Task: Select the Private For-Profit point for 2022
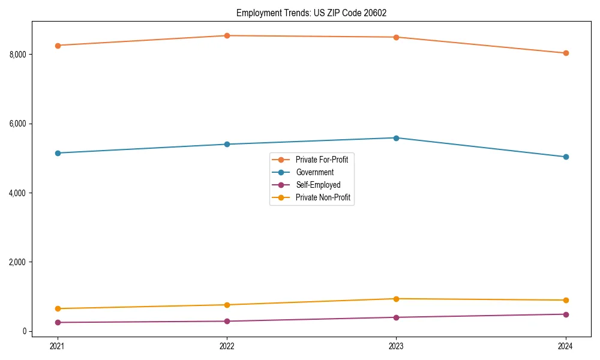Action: [x=227, y=35]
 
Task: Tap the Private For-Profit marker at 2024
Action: [x=566, y=53]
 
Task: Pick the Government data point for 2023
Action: [x=396, y=138]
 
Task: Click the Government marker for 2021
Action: [x=58, y=153]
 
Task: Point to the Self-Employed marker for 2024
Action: [x=566, y=314]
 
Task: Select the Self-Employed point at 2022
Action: [x=227, y=321]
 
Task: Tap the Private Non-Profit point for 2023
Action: [x=396, y=299]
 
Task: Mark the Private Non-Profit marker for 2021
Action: [x=58, y=308]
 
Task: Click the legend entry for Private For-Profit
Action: [x=322, y=160]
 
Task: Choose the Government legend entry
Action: [x=314, y=172]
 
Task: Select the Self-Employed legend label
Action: [x=318, y=185]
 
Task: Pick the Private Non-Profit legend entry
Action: [x=323, y=197]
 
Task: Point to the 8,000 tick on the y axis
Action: [x=17, y=55]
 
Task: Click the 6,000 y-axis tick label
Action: [x=17, y=124]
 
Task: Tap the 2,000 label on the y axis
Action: [x=17, y=262]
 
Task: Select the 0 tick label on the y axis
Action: [x=25, y=331]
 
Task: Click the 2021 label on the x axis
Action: [x=58, y=346]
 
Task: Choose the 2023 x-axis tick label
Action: [x=396, y=346]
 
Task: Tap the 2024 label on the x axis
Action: [x=566, y=346]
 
